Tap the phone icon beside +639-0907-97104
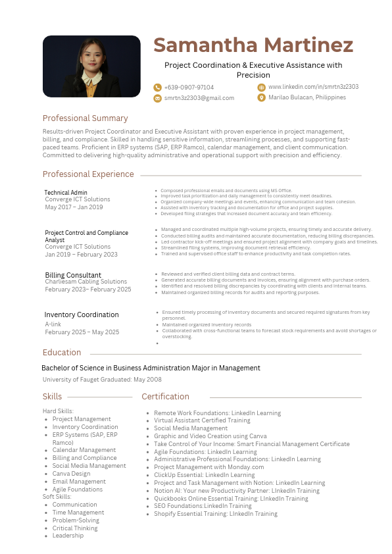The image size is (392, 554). tap(157, 88)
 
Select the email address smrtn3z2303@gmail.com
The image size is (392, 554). tap(199, 98)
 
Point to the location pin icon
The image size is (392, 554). tap(261, 97)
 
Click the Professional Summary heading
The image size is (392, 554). tap(85, 118)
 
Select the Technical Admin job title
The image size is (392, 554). tap(66, 193)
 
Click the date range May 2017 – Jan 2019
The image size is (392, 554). tap(74, 207)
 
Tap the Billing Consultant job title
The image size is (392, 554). tap(73, 275)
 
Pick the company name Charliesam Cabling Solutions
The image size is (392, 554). tap(86, 282)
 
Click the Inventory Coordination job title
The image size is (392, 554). tap(82, 315)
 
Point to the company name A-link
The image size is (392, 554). tap(53, 324)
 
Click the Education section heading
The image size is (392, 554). tap(62, 353)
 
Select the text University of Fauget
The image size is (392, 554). tap(72, 380)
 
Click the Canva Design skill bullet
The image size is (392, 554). tap(72, 474)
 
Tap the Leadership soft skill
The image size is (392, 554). tap(68, 536)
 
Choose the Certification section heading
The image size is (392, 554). tap(165, 397)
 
